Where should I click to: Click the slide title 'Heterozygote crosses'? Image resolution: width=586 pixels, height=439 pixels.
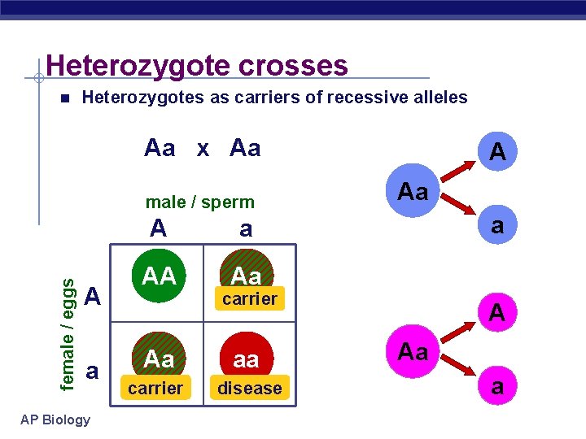197,65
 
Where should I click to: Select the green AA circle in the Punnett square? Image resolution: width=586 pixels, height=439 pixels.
160,276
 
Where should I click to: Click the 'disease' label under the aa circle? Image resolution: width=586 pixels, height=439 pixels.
249,389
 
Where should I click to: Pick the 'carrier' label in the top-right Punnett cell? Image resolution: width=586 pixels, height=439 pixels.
249,299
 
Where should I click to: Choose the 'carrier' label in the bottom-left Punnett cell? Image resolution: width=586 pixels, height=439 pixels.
155,388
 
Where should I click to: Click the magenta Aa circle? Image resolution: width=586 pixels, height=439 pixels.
413,352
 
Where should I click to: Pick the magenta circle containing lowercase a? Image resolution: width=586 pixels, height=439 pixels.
496,387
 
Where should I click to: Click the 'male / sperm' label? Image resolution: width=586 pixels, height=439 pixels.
199,202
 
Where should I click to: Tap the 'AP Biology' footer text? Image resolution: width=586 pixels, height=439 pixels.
56,419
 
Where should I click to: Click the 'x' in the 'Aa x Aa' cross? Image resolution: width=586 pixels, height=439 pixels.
203,148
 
